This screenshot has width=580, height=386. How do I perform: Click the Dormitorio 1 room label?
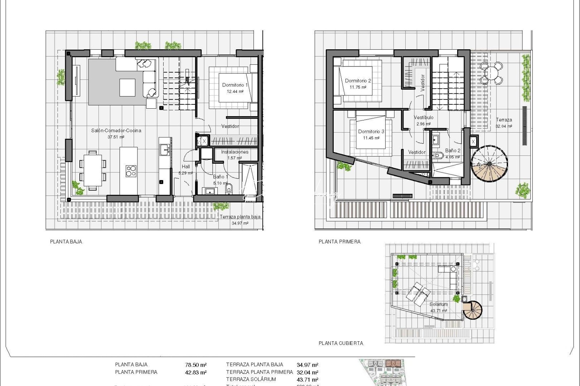coord(235,85)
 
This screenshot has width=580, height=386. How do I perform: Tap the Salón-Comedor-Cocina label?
coord(116,130)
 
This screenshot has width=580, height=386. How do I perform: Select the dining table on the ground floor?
coord(92,170)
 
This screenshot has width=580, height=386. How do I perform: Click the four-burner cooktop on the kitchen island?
coord(131,171)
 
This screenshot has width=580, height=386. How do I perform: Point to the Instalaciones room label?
coord(235,152)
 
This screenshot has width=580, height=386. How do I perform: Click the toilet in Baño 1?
coord(229,188)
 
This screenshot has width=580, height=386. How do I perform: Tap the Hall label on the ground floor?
coord(186,167)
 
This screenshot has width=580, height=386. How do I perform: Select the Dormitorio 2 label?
coord(358,81)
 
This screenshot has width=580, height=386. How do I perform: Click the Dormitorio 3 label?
coord(371,132)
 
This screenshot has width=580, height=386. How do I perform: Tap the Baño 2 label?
coord(453,151)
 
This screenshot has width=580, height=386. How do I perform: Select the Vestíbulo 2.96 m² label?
coord(424,120)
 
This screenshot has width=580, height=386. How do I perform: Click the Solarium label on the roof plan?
coord(439,304)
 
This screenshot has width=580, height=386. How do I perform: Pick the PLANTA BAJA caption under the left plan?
coord(66,242)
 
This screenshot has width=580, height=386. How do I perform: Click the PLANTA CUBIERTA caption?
coord(341,343)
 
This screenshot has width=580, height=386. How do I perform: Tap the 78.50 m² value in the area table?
coord(196,365)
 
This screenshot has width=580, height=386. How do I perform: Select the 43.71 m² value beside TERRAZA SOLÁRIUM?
coord(307,380)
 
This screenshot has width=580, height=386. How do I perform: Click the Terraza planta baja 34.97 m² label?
coord(240,219)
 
